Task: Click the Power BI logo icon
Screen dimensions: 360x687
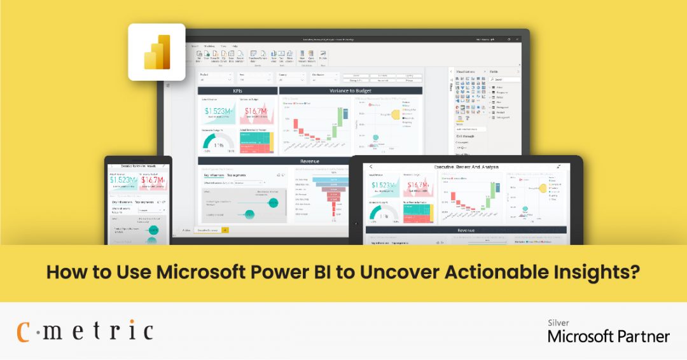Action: [156, 52]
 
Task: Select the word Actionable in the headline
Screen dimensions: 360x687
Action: [487, 272]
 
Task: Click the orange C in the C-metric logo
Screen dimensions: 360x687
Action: [24, 331]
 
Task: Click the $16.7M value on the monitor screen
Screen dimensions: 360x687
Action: [256, 112]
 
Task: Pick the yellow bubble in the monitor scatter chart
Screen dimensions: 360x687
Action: [394, 114]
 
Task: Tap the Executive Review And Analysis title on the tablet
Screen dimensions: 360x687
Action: [466, 167]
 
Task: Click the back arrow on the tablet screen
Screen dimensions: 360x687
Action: [371, 167]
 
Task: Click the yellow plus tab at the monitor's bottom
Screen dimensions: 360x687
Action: [225, 230]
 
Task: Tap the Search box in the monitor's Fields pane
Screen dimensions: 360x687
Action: [503, 80]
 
